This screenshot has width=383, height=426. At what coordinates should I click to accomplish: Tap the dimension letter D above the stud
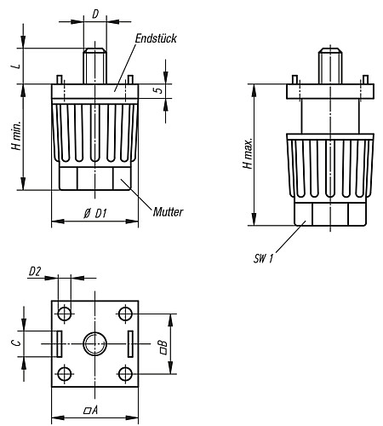(x=94, y=14)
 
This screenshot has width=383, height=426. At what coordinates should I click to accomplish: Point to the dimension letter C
(x=15, y=343)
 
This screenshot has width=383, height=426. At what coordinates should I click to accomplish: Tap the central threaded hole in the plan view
(x=94, y=344)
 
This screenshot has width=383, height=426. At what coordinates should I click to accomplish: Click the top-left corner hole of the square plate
(x=65, y=314)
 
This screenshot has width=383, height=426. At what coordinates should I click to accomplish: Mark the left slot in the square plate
(x=59, y=344)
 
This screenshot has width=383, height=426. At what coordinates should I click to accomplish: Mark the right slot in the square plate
(x=130, y=344)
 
